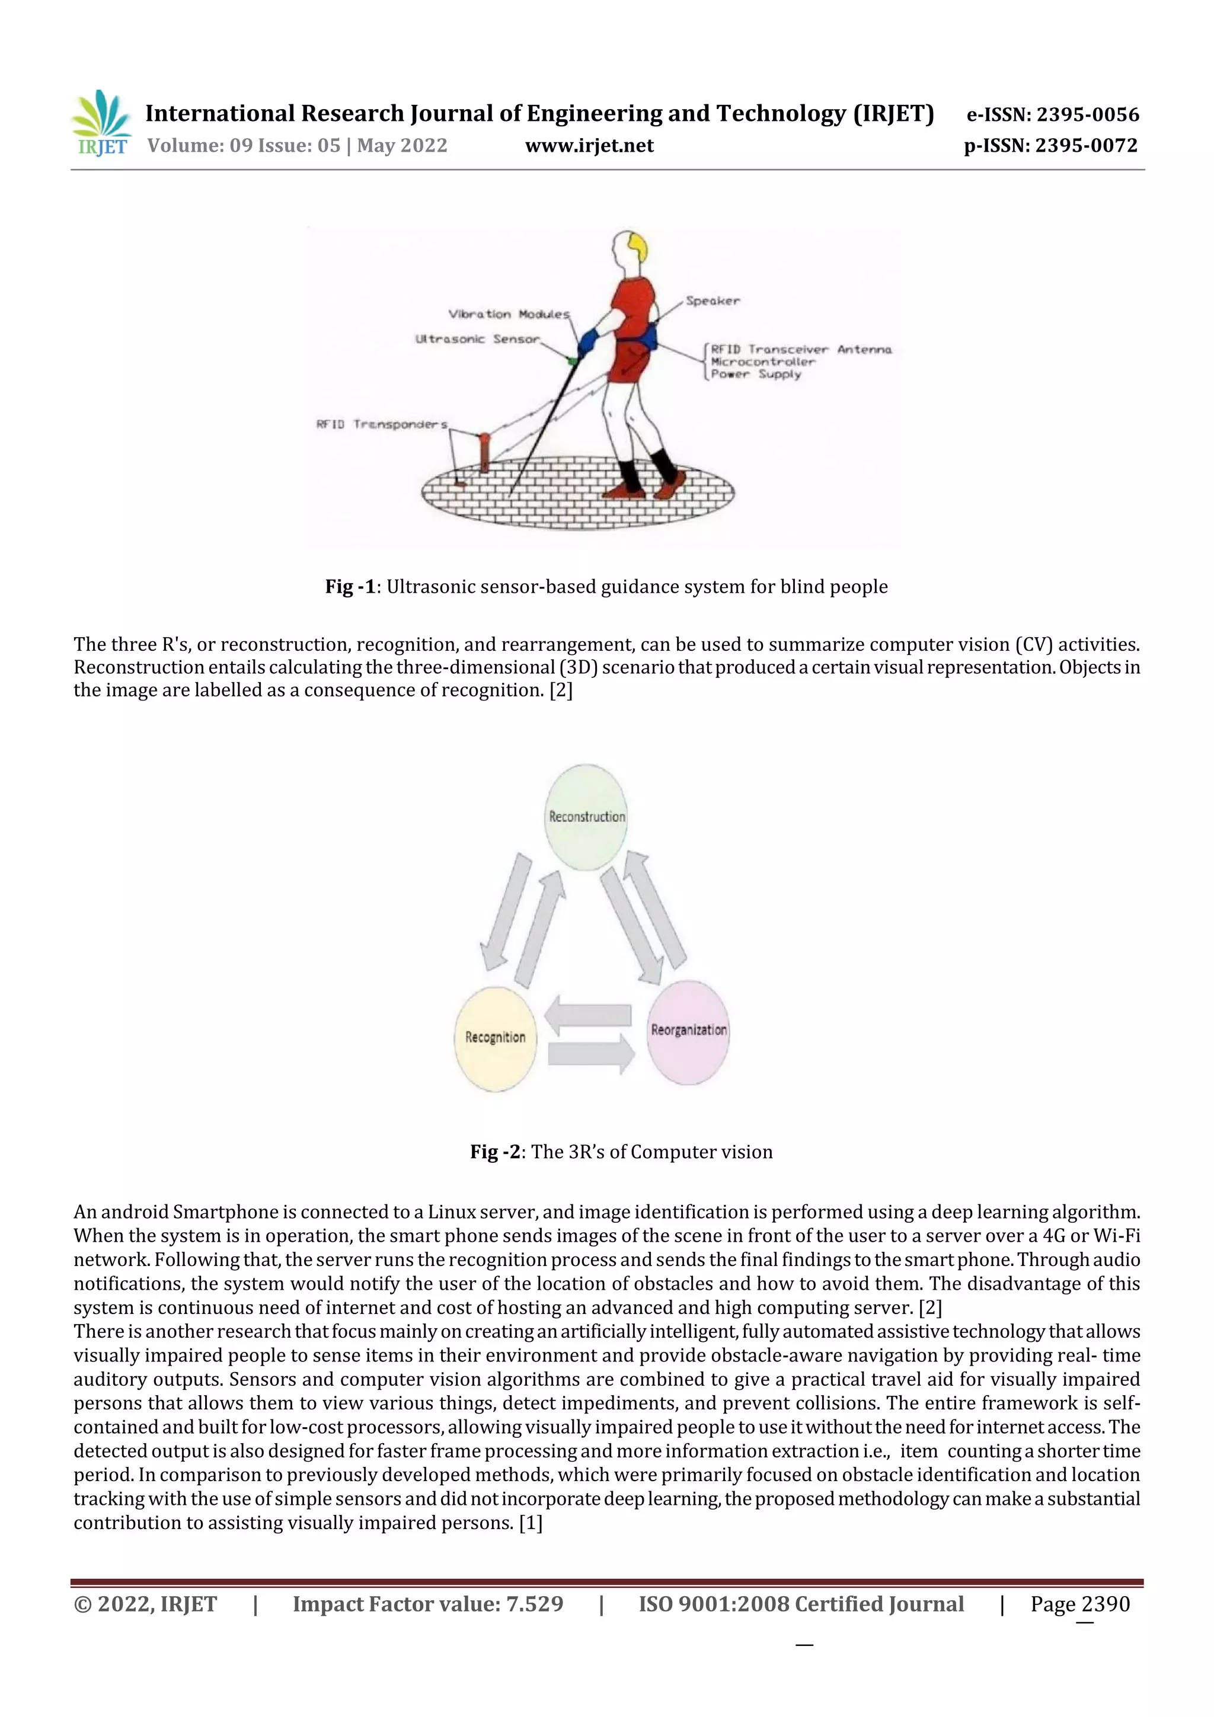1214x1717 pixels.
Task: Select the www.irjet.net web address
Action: tap(589, 146)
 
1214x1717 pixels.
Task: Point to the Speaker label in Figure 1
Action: tap(712, 301)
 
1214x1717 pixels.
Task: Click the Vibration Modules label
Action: tap(509, 314)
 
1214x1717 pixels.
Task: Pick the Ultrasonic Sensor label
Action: tap(477, 339)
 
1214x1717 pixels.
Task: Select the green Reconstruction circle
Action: tap(586, 817)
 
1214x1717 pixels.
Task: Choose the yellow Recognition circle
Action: tap(495, 1038)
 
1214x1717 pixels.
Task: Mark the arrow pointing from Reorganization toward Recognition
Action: tap(588, 1015)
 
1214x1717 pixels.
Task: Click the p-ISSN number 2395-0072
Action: tap(1086, 146)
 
